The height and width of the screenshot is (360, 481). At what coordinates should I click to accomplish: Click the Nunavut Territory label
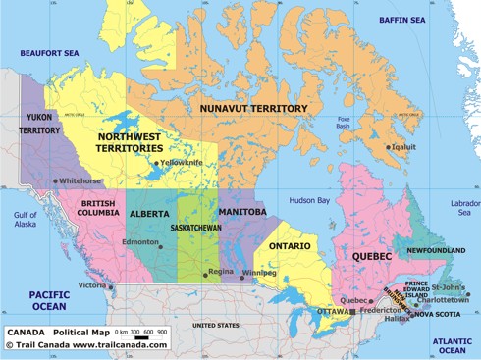tap(253, 108)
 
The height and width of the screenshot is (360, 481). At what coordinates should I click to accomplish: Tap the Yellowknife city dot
tap(155, 164)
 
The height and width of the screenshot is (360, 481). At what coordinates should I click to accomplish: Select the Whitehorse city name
tap(80, 181)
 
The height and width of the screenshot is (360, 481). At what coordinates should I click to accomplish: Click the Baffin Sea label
tap(402, 20)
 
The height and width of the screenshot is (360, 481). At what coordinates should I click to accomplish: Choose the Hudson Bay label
tap(309, 200)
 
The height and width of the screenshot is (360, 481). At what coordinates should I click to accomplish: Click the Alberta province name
tap(149, 213)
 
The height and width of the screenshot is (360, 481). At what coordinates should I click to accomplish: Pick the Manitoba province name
tap(242, 212)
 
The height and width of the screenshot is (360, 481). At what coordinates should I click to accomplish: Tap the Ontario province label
tap(290, 245)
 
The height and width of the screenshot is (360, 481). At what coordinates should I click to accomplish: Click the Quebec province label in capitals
tap(372, 256)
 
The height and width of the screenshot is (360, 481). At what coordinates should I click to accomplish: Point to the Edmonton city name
tap(139, 242)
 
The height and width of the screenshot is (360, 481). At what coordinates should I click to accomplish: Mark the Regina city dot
tap(205, 274)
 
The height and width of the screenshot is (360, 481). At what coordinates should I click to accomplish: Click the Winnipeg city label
tap(260, 273)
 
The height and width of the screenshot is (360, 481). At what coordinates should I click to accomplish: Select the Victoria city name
tap(92, 285)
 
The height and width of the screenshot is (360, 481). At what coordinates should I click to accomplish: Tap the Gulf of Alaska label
tap(25, 219)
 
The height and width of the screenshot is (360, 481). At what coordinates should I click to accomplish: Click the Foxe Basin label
tap(343, 121)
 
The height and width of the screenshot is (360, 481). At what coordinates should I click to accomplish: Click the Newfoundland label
tap(436, 250)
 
